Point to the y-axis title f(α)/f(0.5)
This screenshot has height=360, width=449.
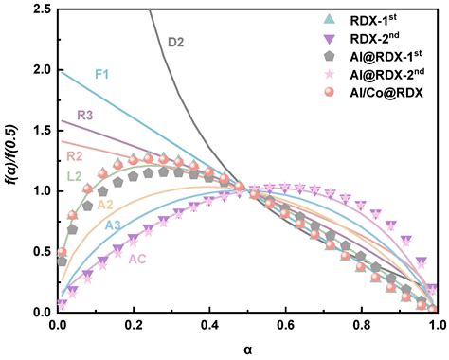[x=10, y=161]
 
